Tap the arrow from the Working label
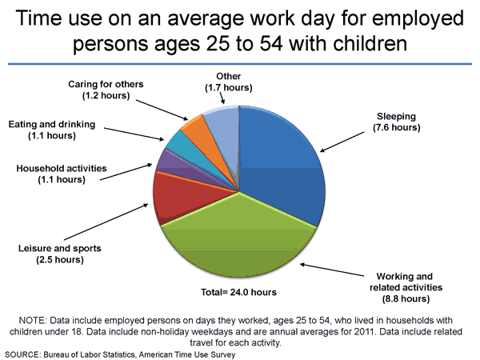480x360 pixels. click(x=331, y=271)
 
